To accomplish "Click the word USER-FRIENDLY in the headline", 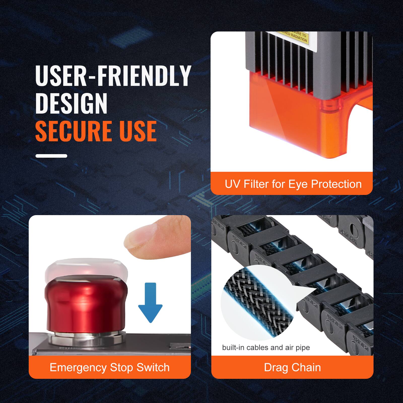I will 113,76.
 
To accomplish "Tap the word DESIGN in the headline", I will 71,103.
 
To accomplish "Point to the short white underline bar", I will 51,156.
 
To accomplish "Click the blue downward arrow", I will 150,302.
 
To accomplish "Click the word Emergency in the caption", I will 78,367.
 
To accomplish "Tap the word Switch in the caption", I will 153,367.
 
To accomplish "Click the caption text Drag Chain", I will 292,367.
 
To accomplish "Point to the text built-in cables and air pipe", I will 266,348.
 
